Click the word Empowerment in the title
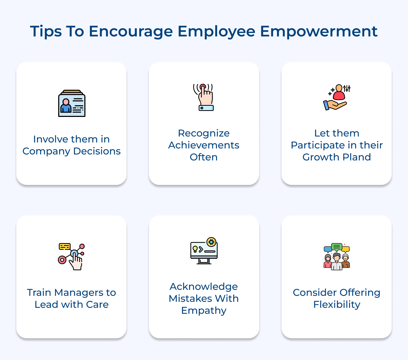point(319,32)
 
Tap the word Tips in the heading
point(46,32)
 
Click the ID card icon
point(72,104)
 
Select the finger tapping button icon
point(204,97)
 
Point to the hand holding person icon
point(337,97)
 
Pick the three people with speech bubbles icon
point(337,256)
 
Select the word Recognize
point(204,133)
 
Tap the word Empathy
point(204,311)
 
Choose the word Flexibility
point(337,305)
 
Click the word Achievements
point(204,145)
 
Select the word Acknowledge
point(204,287)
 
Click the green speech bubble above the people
point(337,247)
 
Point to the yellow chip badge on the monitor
point(211,242)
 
